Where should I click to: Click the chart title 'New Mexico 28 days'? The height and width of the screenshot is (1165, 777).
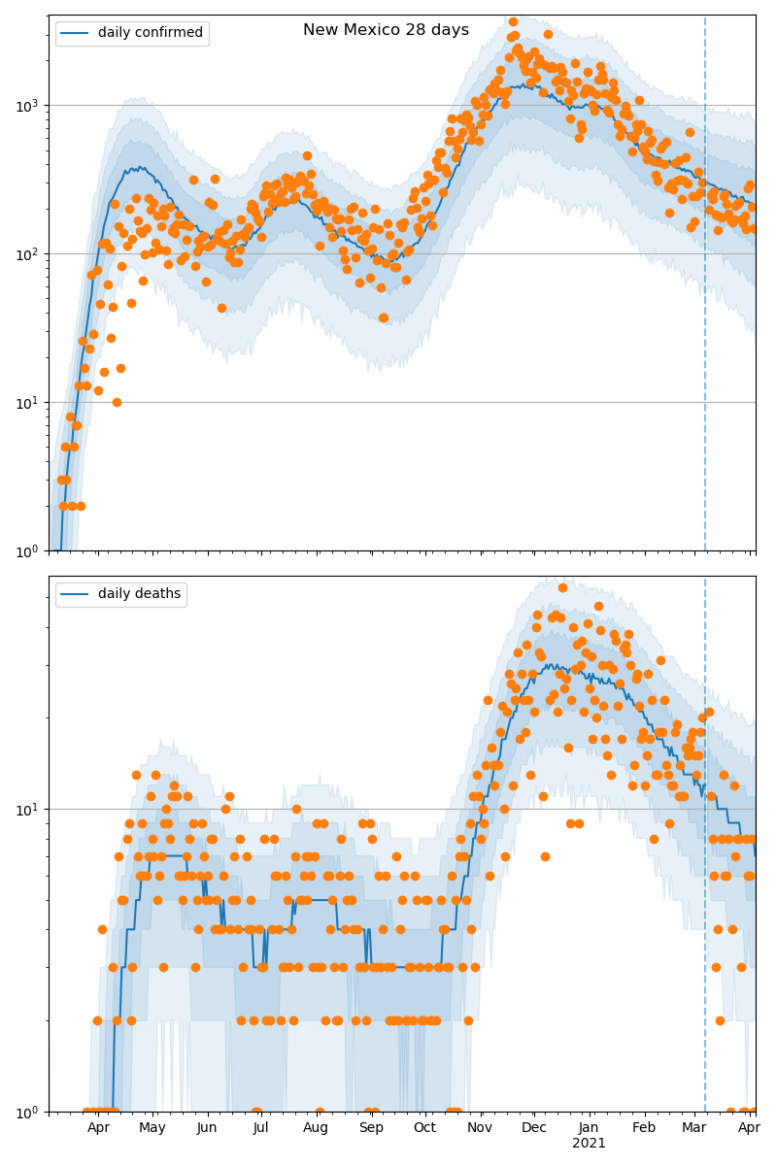pyautogui.click(x=386, y=30)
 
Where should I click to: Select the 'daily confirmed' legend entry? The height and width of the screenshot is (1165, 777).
pyautogui.click(x=150, y=33)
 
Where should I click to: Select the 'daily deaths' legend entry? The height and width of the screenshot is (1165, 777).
pyautogui.click(x=138, y=594)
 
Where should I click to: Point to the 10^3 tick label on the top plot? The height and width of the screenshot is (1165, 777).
pyautogui.click(x=28, y=105)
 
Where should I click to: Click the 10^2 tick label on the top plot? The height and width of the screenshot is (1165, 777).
pyautogui.click(x=28, y=254)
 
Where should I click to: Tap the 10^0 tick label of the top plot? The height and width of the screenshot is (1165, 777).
pyautogui.click(x=28, y=551)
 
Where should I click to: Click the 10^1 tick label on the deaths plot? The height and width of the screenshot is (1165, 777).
pyautogui.click(x=28, y=810)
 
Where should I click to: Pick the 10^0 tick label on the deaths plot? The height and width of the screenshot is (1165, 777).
pyautogui.click(x=28, y=1112)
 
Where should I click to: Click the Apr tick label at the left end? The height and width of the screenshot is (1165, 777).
pyautogui.click(x=98, y=1128)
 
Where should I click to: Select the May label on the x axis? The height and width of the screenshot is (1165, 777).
pyautogui.click(x=152, y=1128)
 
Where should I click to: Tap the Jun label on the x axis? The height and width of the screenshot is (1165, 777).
pyautogui.click(x=207, y=1128)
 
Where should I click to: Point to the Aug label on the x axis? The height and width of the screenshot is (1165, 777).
pyautogui.click(x=316, y=1128)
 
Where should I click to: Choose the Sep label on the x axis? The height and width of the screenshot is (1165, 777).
pyautogui.click(x=371, y=1128)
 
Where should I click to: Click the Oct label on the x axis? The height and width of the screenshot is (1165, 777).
pyautogui.click(x=424, y=1128)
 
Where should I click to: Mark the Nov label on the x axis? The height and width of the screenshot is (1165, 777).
pyautogui.click(x=480, y=1128)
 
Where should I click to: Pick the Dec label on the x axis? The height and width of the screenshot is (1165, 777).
pyautogui.click(x=533, y=1128)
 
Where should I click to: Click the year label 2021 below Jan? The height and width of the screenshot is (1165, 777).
pyautogui.click(x=589, y=1144)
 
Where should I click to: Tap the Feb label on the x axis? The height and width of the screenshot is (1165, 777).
pyautogui.click(x=644, y=1128)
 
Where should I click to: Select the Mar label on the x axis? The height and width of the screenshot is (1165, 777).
pyautogui.click(x=693, y=1128)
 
